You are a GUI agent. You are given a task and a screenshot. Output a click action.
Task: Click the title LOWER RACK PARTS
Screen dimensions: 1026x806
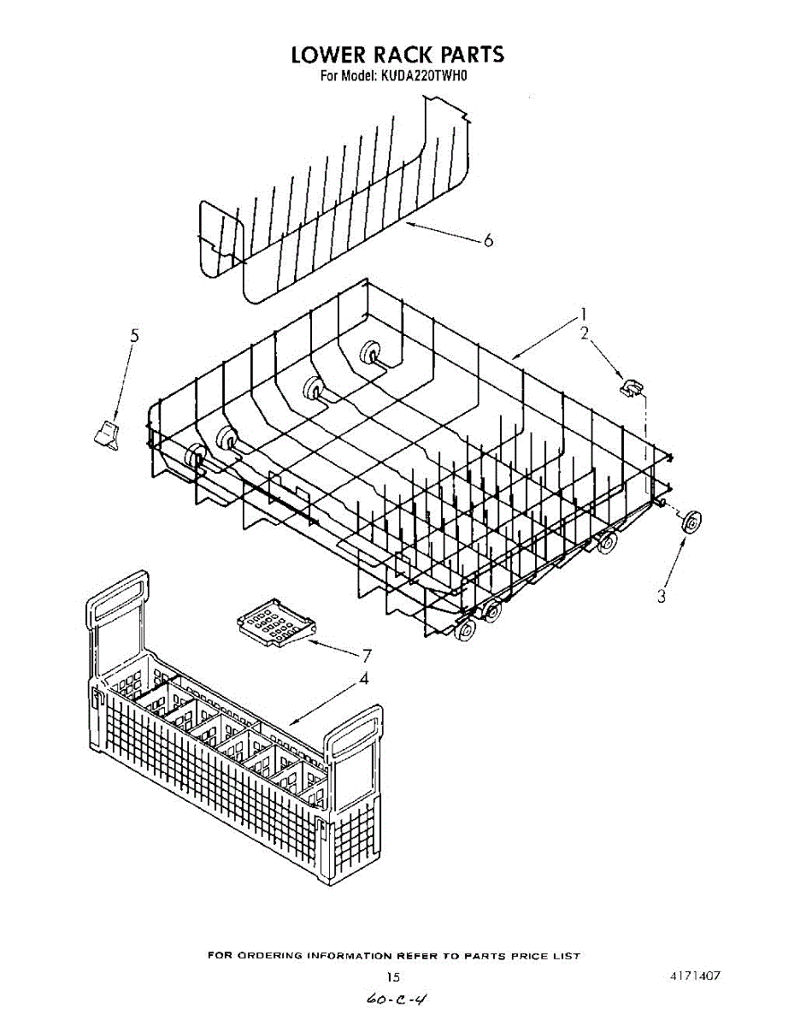397,55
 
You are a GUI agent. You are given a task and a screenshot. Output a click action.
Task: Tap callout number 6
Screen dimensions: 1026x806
488,241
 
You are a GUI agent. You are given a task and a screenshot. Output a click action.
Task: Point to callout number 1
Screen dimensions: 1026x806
585,313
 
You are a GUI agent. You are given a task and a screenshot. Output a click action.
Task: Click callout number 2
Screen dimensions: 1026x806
585,333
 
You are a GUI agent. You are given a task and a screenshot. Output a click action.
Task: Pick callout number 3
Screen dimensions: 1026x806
662,597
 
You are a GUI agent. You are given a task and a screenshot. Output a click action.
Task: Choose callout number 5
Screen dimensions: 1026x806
134,336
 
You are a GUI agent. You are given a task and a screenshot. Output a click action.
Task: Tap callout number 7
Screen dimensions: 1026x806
367,656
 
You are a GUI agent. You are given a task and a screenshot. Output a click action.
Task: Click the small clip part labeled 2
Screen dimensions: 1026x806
632,387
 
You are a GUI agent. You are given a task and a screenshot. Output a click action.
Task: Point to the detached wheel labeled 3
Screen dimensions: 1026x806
690,522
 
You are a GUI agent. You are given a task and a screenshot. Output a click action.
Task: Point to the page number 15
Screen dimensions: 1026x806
393,976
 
